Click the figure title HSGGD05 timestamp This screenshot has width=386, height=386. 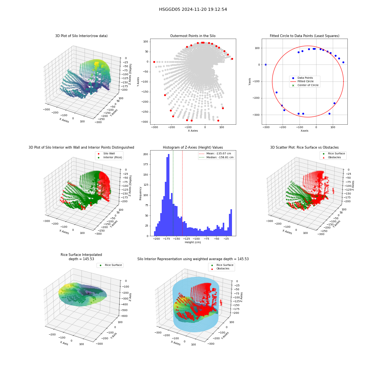point(193,9)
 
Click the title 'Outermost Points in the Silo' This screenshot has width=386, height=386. point(193,36)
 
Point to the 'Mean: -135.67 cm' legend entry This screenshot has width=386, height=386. point(215,154)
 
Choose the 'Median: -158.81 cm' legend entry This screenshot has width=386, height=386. point(216,157)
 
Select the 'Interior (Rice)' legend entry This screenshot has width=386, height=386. point(110,157)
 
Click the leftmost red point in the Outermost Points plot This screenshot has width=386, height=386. point(154,62)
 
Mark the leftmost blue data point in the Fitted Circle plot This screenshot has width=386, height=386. point(266,65)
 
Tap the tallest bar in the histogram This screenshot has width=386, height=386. point(169,195)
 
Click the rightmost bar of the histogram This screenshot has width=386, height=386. point(231,223)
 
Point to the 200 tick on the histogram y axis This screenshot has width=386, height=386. point(146,154)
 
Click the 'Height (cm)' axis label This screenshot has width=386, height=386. point(193,242)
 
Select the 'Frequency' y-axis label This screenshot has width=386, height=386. point(141,193)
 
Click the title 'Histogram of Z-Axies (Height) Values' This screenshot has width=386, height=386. point(193,147)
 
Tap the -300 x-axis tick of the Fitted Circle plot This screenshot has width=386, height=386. point(266,127)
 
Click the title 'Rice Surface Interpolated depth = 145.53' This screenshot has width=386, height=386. point(81,257)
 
